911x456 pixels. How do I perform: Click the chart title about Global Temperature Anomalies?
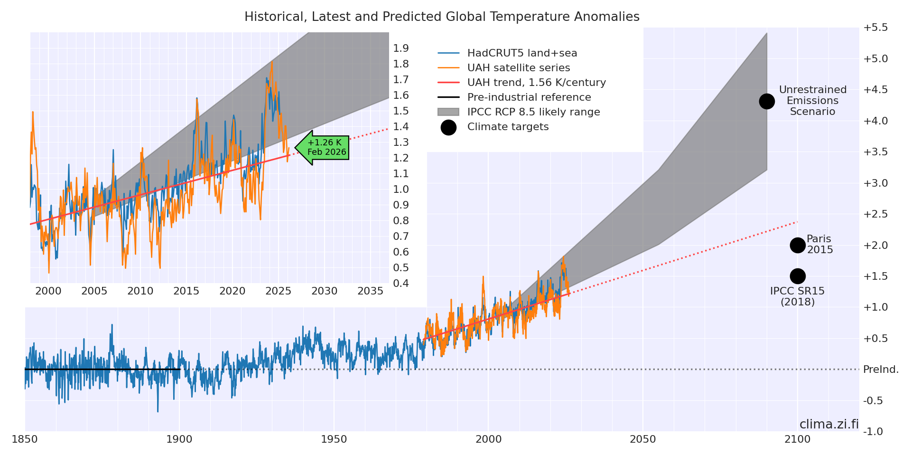[x=442, y=17]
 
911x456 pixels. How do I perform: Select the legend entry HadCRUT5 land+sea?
[x=522, y=53]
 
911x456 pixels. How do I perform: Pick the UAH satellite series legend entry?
[x=518, y=68]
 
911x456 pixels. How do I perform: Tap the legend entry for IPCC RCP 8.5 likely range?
[x=533, y=112]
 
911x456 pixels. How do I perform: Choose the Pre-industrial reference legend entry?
[x=529, y=97]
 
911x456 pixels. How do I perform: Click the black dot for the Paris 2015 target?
[x=798, y=245]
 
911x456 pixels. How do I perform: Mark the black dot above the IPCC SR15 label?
[x=798, y=276]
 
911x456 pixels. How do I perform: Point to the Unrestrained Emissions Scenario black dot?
[x=767, y=101]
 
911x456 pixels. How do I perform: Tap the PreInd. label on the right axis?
[x=881, y=370]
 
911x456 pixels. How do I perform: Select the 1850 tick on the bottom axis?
[x=25, y=439]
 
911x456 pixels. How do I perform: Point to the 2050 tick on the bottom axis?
[x=643, y=439]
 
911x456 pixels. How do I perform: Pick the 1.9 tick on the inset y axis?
[x=401, y=48]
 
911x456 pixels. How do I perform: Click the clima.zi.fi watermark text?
[x=829, y=424]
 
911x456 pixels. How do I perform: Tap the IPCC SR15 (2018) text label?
[x=797, y=296]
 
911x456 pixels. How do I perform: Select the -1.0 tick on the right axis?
[x=873, y=431]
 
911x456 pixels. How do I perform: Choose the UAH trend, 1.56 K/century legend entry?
[x=536, y=83]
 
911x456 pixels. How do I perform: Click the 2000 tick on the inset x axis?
[x=48, y=291]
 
